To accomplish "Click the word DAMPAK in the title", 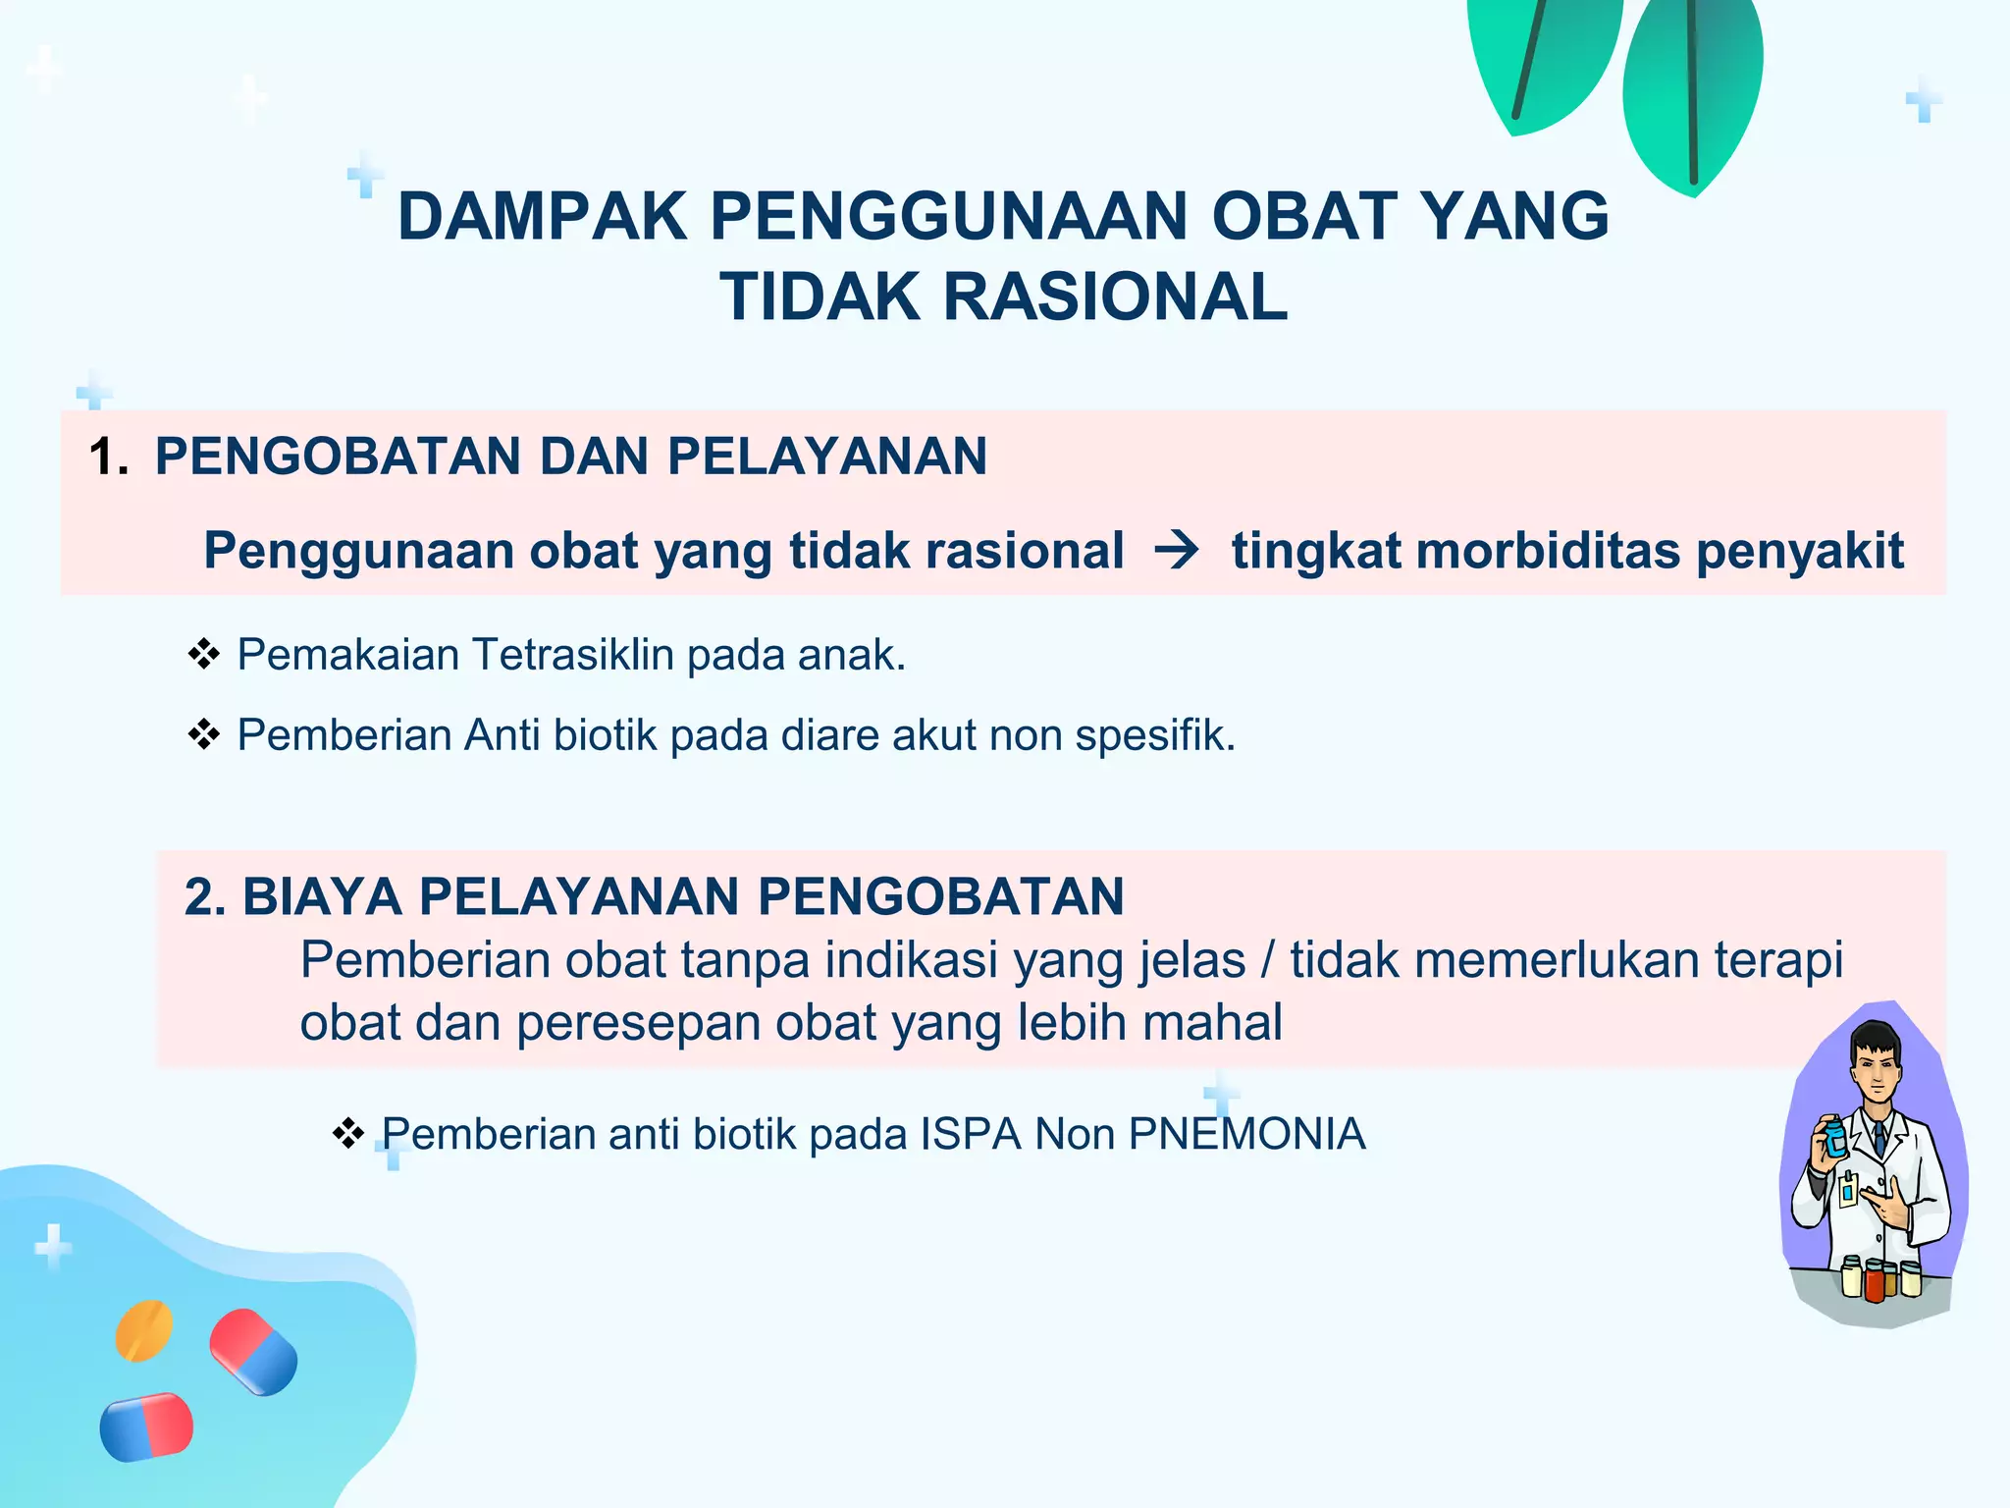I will click(542, 216).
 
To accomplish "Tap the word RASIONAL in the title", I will click(1115, 296).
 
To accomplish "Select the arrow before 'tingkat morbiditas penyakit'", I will click(1177, 550).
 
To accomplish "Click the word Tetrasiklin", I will click(572, 655).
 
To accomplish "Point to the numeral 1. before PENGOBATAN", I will click(108, 457).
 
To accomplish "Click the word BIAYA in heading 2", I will click(322, 896).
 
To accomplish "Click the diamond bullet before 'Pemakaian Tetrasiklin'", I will click(203, 654).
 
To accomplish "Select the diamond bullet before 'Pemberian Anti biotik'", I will click(203, 734).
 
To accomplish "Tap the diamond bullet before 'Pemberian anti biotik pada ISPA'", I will click(348, 1134).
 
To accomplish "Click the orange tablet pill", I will click(144, 1331).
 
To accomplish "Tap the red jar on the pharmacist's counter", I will click(1875, 1280).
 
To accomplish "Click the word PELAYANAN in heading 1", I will click(827, 457).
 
